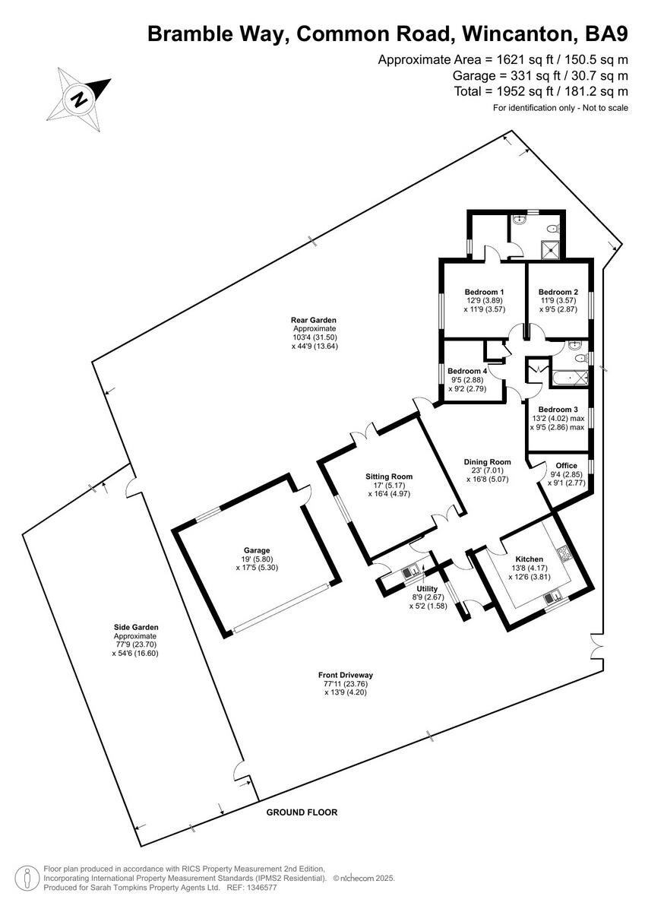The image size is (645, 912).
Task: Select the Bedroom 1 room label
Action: (x=484, y=292)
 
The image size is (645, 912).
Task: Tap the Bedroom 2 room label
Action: (x=558, y=292)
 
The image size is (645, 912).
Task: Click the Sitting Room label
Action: (x=389, y=477)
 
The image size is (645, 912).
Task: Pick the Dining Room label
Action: (x=487, y=461)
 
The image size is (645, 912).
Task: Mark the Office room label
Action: (x=566, y=466)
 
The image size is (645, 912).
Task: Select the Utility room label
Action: (x=427, y=588)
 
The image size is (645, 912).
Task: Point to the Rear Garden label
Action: (x=313, y=320)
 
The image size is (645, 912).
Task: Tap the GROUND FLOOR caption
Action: (x=302, y=812)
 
